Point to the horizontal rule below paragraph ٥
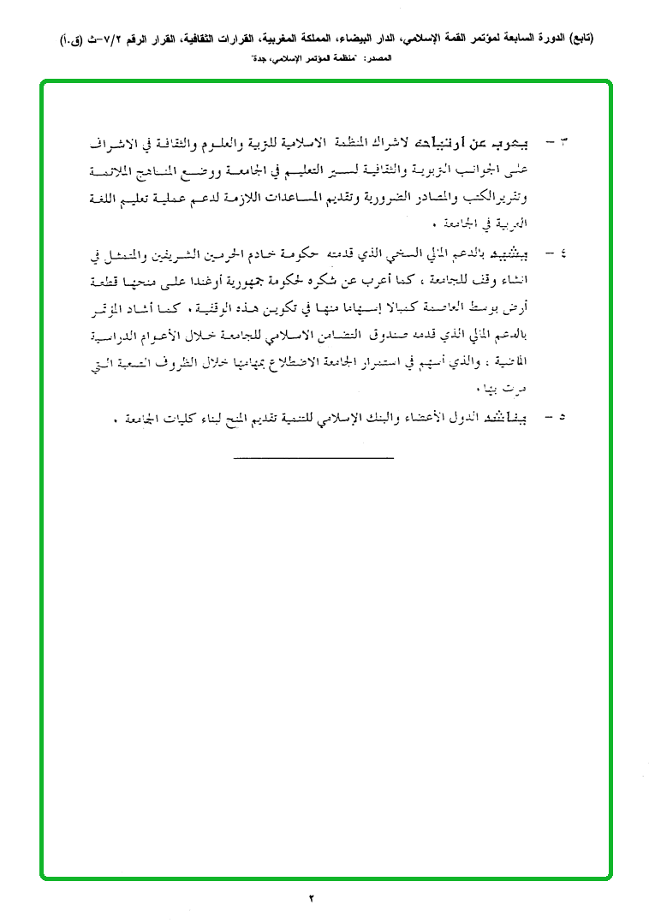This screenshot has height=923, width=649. pos(313,456)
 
